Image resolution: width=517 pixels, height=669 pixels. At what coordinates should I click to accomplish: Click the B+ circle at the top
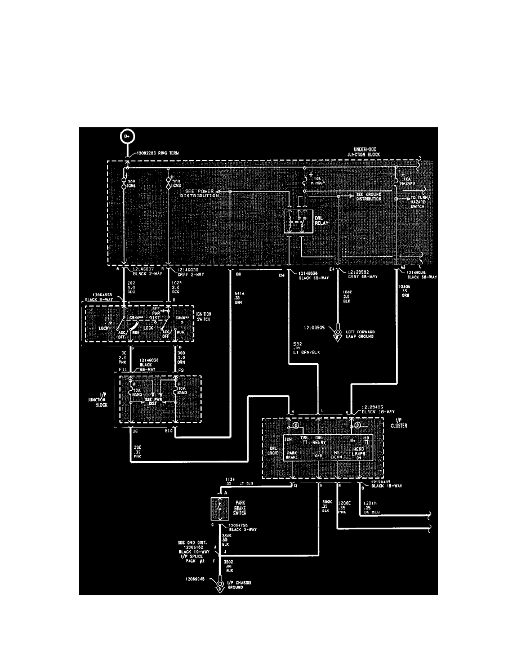pos(126,136)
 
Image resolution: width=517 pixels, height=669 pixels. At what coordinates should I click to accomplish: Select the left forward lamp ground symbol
pos(338,334)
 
